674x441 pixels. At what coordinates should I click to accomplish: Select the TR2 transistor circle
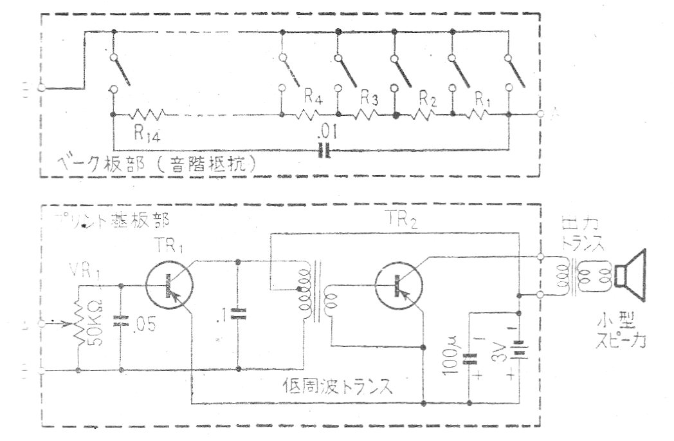[x=398, y=285]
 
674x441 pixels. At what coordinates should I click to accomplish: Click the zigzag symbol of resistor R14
[x=149, y=115]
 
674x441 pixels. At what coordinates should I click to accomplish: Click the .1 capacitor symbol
[x=238, y=315]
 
